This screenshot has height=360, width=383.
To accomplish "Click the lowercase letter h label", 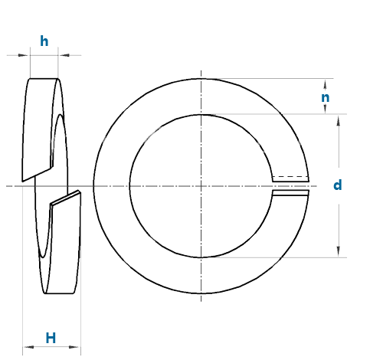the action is tap(44, 41).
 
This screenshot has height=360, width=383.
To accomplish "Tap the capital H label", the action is tap(51, 338).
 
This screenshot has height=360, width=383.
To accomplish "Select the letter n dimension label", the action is tap(325, 98).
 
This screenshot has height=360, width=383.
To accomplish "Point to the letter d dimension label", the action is tap(338, 185).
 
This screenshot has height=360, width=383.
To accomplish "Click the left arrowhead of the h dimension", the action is tap(23, 55).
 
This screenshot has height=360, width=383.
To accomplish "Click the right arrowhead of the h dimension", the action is tap(64, 55).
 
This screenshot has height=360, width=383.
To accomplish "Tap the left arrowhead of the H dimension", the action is tap(28, 347).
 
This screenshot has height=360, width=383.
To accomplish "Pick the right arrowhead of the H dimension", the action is tap(74, 347).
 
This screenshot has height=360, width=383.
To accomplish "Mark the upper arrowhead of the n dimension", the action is tap(325, 84).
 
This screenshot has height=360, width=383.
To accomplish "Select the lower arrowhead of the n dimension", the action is tap(325, 109).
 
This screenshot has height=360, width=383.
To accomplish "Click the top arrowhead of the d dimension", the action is tap(339, 120).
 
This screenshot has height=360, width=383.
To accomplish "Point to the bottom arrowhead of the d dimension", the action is tap(339, 251).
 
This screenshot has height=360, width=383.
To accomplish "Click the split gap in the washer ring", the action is tap(291, 186).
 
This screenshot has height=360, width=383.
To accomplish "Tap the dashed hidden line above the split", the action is tap(290, 176).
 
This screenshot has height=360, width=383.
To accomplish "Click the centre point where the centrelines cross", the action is tap(201, 186).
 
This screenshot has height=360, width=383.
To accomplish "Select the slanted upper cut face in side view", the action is tap(37, 175).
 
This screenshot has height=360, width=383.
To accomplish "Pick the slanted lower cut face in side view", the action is tap(66, 198).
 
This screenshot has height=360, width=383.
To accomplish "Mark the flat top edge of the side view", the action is tap(44, 79).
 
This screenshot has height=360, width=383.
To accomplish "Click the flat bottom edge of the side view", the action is tap(59, 293).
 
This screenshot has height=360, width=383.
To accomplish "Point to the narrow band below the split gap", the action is tap(291, 193).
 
